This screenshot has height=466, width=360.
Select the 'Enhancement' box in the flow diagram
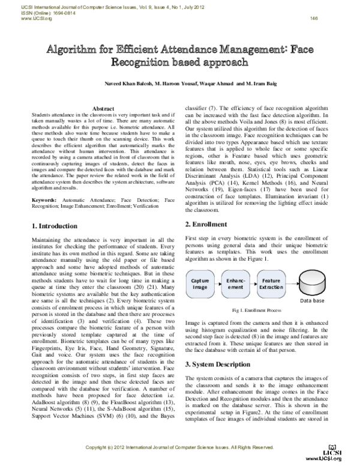tap(235, 284)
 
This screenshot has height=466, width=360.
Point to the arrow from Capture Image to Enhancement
tap(217, 284)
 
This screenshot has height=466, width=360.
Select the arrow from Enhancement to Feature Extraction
tap(253, 284)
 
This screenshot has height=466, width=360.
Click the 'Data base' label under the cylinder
tap(313, 300)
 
